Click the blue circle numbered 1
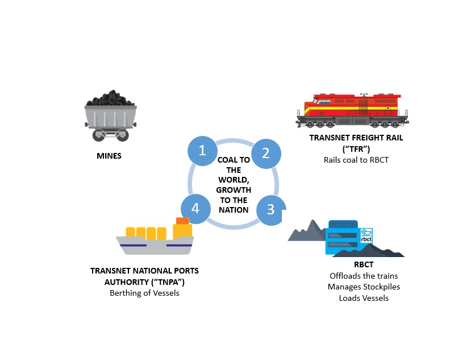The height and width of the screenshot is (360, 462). [x=202, y=151]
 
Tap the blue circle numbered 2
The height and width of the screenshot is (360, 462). [x=265, y=153]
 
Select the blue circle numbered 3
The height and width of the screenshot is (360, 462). [x=271, y=209]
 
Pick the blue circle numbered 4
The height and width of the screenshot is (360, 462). [x=195, y=208]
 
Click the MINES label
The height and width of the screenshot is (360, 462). [x=108, y=155]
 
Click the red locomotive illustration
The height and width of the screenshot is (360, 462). [x=353, y=108]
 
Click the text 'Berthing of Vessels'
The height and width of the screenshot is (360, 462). [x=144, y=293]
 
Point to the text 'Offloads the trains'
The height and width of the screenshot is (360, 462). [x=364, y=276]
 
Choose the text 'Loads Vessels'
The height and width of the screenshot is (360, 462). [x=364, y=297]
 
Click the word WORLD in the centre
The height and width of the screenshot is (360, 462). [x=234, y=180]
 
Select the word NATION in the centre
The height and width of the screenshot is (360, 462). [x=234, y=209]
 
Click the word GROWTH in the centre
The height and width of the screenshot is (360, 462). [x=234, y=190]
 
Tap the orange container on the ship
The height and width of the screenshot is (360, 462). [x=182, y=221]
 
